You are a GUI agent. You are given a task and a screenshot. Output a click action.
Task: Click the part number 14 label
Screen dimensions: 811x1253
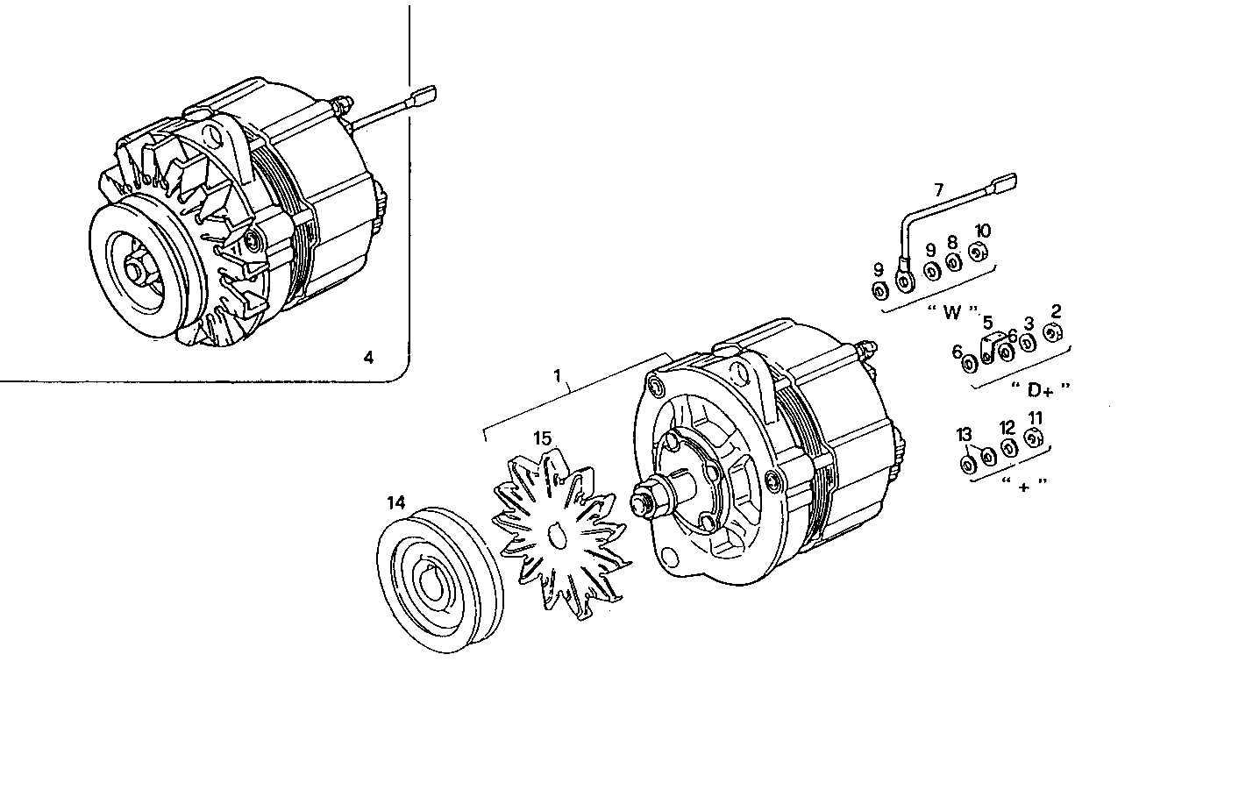396,503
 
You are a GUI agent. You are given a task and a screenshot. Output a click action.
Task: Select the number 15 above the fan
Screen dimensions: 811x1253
542,438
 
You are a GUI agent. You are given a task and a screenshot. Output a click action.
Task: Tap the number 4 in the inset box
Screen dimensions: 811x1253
368,357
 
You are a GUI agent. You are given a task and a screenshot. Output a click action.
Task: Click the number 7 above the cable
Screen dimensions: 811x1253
939,189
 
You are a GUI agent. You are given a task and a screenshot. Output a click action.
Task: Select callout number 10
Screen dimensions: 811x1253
982,231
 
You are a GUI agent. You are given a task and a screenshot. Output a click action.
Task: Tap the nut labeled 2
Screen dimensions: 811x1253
1053,333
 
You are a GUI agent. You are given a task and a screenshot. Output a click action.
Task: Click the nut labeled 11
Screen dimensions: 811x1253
1033,439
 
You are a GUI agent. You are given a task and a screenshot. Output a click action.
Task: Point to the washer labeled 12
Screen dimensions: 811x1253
1008,448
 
